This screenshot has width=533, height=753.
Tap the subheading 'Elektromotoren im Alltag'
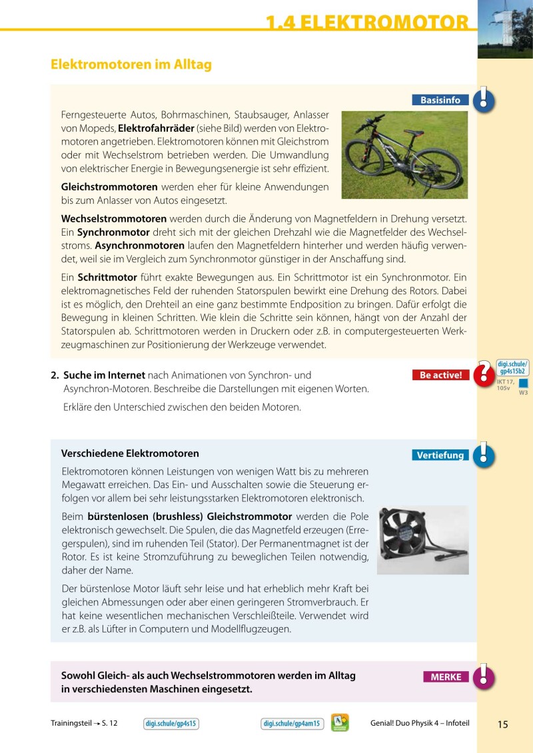131,65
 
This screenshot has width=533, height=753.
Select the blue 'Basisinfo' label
440,100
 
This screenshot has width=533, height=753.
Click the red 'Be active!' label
440,375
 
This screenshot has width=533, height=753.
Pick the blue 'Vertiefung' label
440,455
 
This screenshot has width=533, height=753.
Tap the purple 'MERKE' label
446,677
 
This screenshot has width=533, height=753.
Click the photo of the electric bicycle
404,154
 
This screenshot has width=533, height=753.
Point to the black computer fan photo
422,540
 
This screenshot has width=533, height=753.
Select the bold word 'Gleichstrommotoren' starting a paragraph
109,186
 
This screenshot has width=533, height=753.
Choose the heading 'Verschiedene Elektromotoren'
130,453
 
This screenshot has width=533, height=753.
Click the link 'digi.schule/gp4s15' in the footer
172,724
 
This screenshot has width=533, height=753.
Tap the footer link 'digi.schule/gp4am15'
292,724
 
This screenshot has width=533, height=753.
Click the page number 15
502,724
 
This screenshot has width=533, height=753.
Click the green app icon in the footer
340,723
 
